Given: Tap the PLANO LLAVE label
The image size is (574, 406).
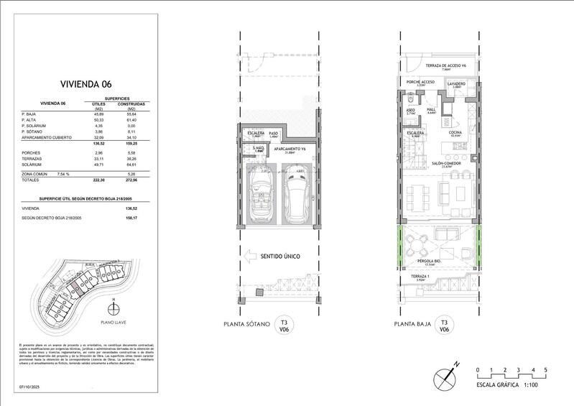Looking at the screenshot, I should (x=113, y=323).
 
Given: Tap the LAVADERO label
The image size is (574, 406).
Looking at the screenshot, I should (x=457, y=84).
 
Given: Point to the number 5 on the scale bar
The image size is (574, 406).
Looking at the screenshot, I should (x=546, y=369).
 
